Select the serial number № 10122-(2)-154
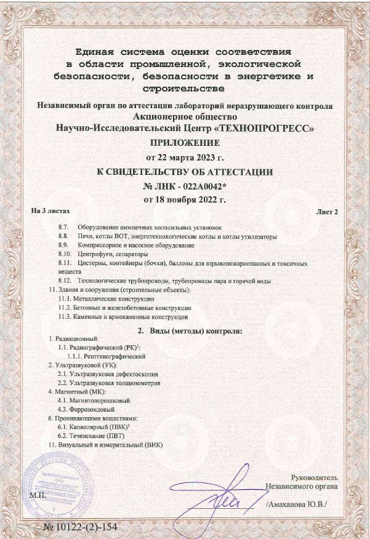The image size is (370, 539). tap(80, 528)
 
